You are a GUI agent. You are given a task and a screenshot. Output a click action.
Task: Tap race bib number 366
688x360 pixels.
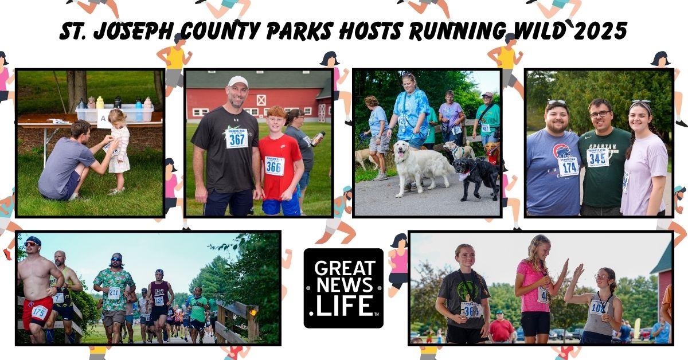pos(275,166)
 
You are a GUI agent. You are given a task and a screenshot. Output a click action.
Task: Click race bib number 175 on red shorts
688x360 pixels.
pos(39,312)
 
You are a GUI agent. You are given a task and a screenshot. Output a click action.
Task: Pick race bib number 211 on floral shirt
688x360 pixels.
pos(114,292)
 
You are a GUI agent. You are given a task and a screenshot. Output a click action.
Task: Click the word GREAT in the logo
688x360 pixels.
pos(343,268)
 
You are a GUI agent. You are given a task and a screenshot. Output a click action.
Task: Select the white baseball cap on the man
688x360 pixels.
pos(237,82)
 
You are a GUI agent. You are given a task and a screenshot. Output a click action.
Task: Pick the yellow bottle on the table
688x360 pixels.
pos(100,103)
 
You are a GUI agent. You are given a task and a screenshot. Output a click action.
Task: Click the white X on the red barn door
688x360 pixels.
pos(261,100)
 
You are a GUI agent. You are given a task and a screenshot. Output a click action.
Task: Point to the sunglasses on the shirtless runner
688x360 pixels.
pos(32,244)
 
